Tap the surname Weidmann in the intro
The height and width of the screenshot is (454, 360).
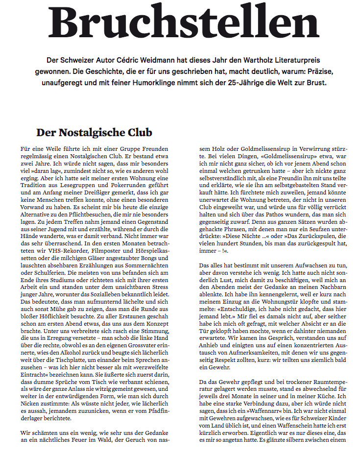155,60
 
